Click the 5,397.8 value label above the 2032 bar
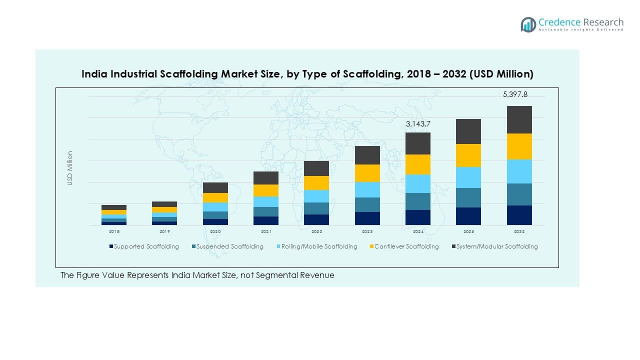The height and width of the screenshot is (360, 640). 515,94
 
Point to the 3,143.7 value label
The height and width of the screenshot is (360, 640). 417,123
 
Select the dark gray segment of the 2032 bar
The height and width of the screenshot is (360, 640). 519,119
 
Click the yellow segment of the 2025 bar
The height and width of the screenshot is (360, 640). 468,155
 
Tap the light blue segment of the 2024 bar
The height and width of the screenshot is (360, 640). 417,183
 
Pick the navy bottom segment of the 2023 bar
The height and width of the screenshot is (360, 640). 367,218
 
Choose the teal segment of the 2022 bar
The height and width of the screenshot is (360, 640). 316,208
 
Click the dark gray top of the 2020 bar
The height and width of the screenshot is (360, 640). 215,187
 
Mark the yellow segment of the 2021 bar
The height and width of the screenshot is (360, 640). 266,190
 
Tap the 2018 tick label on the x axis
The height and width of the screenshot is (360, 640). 114,232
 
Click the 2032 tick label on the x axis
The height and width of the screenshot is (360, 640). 519,232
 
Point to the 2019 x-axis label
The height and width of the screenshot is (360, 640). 164,232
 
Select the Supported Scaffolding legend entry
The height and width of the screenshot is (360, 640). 144,246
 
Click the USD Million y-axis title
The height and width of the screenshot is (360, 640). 70,168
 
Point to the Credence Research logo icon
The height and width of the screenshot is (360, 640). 528,24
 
